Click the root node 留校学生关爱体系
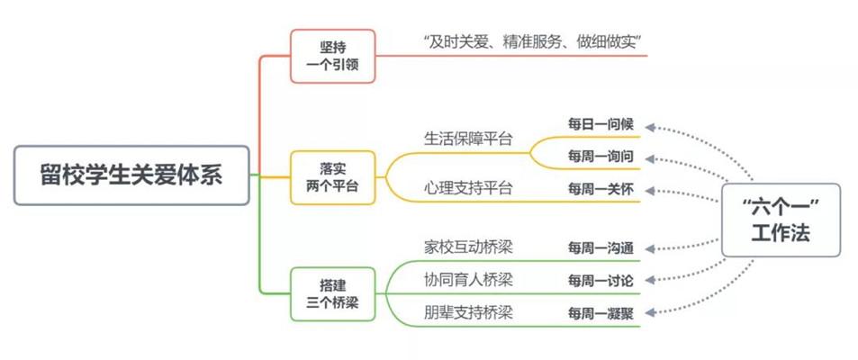click(x=131, y=175)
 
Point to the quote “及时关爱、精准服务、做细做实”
click(x=537, y=41)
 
